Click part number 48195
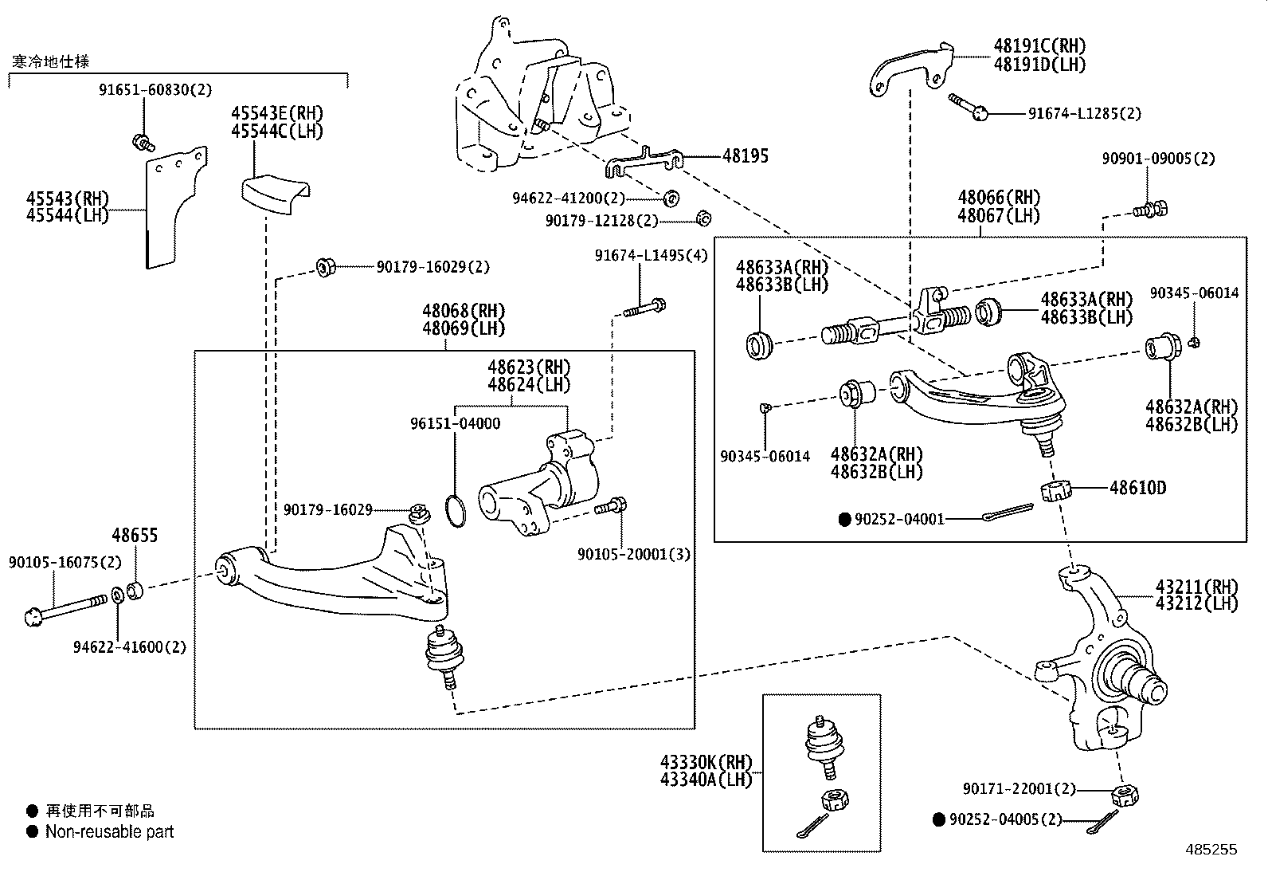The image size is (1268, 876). [x=746, y=155]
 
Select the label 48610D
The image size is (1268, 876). [x=1137, y=488]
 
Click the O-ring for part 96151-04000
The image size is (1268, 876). [x=454, y=510]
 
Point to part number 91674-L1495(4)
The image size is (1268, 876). [x=651, y=255]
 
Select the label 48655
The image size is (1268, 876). [x=135, y=536]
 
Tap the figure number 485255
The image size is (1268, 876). [x=1211, y=850]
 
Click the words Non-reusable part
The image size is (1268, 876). [x=109, y=832]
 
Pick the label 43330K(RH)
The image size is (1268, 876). [x=706, y=763]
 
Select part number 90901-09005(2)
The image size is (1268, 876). [x=1158, y=159]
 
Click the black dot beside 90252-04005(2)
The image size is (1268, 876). [x=939, y=819]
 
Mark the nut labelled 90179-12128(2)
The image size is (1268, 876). [x=702, y=218]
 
